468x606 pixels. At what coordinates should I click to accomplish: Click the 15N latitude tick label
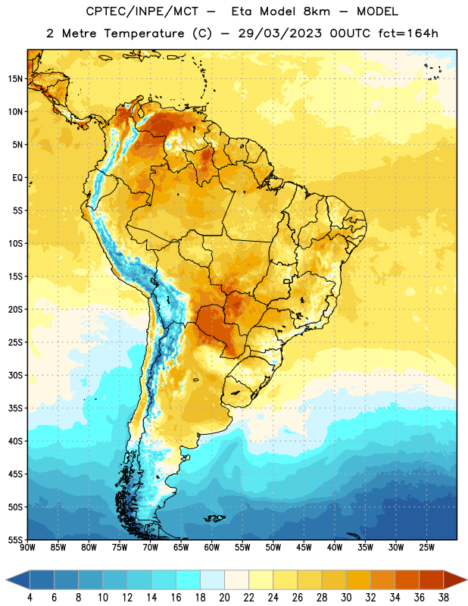click(x=15, y=79)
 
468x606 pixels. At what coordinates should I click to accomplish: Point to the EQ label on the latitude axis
click(x=17, y=178)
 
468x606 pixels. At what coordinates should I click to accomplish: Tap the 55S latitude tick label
click(x=15, y=539)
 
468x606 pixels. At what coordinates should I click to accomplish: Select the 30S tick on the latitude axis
click(x=15, y=375)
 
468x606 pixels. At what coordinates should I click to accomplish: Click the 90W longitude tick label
click(x=27, y=547)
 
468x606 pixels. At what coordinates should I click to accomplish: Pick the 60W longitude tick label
click(x=212, y=547)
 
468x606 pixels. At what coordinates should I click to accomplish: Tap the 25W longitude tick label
click(x=426, y=547)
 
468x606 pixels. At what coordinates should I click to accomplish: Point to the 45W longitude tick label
click(x=304, y=547)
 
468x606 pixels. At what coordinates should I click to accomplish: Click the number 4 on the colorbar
click(x=30, y=598)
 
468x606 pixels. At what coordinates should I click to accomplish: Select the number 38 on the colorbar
click(x=444, y=598)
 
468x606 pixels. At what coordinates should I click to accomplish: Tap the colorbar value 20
click(x=224, y=598)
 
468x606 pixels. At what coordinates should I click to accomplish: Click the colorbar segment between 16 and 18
click(x=188, y=579)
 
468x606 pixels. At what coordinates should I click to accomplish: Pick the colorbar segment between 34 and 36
click(x=407, y=579)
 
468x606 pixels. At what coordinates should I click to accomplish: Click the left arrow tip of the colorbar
click(x=6, y=579)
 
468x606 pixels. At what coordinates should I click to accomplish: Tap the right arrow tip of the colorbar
click(x=466, y=579)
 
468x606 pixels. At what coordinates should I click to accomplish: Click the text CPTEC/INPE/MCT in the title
click(x=142, y=11)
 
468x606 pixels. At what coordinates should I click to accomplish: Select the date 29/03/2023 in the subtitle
click(x=279, y=33)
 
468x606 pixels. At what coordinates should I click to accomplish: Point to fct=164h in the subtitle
click(x=408, y=33)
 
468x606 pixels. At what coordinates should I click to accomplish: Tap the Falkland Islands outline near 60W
click(x=215, y=518)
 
